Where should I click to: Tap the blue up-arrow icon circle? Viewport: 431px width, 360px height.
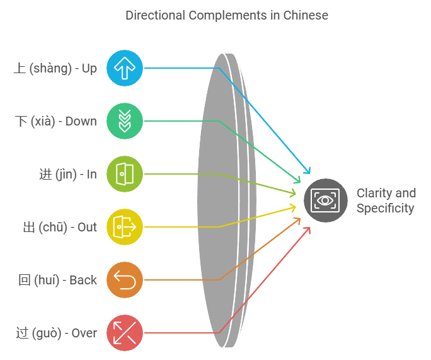[x=125, y=68]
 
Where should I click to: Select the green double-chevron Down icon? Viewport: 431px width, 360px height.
[x=125, y=121]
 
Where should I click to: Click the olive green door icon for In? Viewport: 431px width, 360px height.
[x=125, y=173]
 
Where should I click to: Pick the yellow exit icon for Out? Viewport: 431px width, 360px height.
[x=125, y=226]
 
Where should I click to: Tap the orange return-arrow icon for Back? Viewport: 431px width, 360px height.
[x=125, y=279]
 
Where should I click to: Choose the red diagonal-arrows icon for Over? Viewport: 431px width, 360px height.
[x=125, y=332]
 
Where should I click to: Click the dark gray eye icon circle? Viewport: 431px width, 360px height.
[x=325, y=200]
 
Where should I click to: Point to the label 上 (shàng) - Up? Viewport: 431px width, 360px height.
[x=55, y=68]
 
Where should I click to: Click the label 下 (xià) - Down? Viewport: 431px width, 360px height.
[x=55, y=121]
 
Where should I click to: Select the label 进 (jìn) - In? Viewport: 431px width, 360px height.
[x=68, y=174]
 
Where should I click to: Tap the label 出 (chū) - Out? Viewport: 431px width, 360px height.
[x=60, y=227]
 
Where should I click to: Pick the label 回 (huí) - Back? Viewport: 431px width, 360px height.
[x=57, y=280]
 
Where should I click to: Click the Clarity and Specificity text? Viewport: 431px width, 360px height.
[x=386, y=200]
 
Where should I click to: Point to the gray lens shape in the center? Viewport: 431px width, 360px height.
[x=217, y=200]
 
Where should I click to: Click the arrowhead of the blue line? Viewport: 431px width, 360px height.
[x=308, y=171]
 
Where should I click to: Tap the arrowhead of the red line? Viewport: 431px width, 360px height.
[x=308, y=229]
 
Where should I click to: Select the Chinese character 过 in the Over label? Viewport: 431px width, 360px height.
[x=21, y=333]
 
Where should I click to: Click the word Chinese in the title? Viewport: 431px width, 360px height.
[x=307, y=15]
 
